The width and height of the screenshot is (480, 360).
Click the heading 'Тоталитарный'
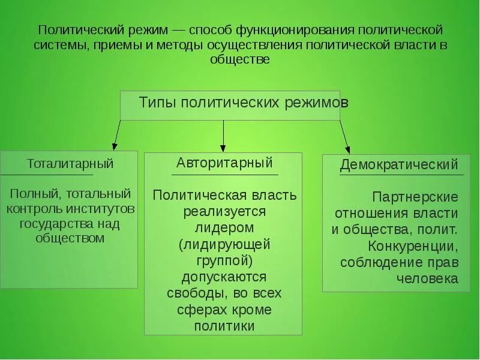coord(70,164)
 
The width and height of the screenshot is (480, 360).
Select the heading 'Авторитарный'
coord(224,163)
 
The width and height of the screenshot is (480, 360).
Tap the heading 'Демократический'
coord(399,165)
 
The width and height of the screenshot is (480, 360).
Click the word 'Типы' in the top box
coord(158,103)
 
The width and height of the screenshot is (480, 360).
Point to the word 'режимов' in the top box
coord(318,103)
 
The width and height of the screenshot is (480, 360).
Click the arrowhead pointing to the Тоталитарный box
coord(114,146)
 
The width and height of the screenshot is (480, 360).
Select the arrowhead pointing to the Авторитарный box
coord(223,147)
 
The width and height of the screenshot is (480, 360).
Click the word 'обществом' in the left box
coord(70,238)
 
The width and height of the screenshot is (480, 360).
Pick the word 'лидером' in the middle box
coord(224,228)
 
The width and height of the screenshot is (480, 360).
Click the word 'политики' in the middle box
coord(224,326)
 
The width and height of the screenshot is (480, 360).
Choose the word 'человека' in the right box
coord(427,278)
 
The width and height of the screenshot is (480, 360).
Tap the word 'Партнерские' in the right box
coord(415,197)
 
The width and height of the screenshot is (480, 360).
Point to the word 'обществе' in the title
coord(240,59)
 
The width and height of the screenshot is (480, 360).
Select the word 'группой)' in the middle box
coord(224,260)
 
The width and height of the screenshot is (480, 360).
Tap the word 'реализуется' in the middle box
coord(224,212)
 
